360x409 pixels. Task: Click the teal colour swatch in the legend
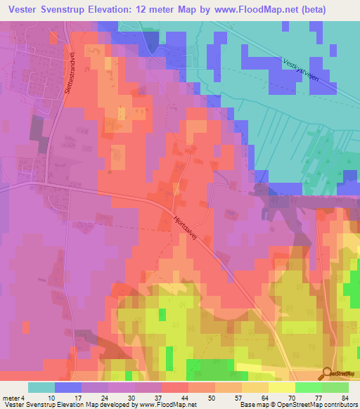point(41,387)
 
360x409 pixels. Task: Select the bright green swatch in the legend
point(308,387)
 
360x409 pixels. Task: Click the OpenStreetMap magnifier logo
point(326,373)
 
